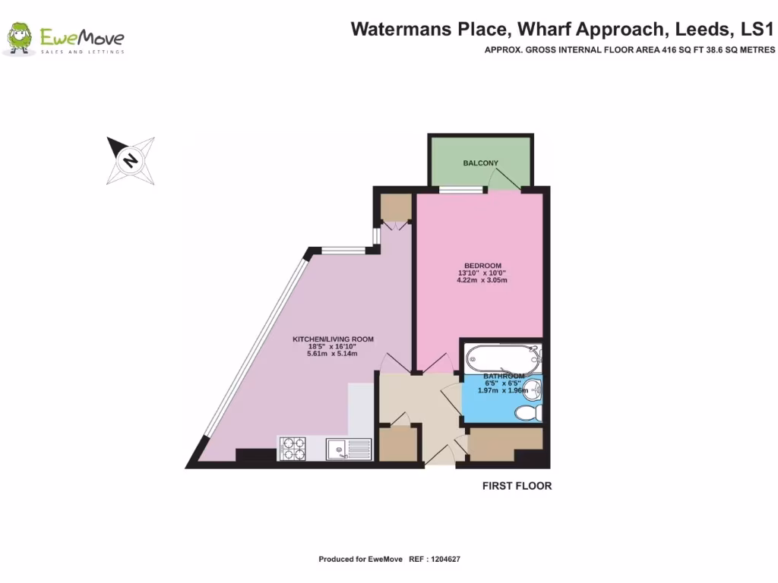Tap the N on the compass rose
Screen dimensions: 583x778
point(131,160)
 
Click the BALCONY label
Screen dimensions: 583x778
point(480,163)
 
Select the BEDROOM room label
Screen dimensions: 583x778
point(480,265)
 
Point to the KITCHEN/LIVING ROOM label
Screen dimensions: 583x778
point(334,339)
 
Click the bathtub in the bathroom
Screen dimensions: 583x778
point(502,355)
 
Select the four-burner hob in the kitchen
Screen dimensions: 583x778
point(293,448)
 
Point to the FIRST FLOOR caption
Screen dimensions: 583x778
point(517,486)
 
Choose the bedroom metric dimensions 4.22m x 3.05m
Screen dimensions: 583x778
point(482,280)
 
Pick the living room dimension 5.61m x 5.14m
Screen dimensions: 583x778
point(331,354)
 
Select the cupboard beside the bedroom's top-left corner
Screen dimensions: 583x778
point(394,206)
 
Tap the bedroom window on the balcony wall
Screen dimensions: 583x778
point(462,190)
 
